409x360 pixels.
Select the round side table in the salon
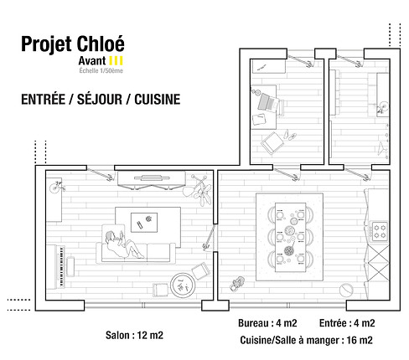point(182,284)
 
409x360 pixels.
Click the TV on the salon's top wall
point(152,176)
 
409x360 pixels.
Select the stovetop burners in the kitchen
point(382,229)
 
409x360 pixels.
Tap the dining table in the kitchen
point(289,234)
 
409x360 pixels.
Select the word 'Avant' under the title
point(93,62)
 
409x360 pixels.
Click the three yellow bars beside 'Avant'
point(118,62)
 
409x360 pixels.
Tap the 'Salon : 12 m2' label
point(134,335)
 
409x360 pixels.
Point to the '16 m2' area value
point(360,339)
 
